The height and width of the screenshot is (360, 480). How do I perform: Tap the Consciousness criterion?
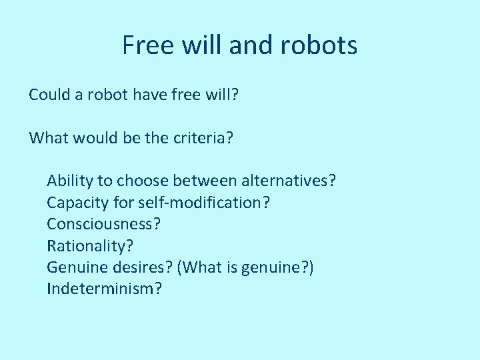[103, 224]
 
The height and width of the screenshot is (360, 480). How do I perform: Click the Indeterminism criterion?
[104, 289]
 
